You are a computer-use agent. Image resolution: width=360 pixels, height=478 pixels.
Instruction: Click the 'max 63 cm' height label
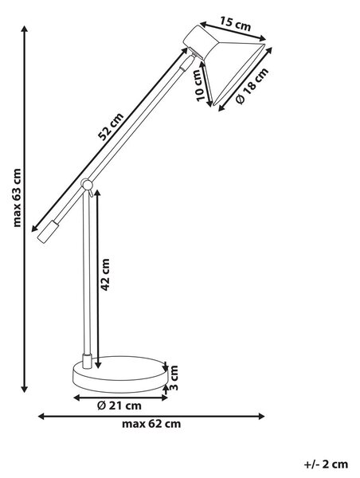(18, 198)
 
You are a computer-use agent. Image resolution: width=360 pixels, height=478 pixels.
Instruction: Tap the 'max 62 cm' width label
(151, 424)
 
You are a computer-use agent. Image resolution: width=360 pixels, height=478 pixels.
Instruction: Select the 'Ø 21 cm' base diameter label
(119, 406)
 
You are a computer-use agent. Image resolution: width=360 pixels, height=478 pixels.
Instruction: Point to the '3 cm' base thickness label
(173, 378)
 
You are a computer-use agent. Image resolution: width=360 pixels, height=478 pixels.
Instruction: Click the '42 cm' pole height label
(104, 275)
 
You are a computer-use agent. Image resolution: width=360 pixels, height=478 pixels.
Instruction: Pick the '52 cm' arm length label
(111, 127)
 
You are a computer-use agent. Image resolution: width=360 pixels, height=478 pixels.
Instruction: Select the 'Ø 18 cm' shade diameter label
(252, 86)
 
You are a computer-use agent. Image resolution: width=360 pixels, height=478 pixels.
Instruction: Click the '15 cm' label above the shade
(235, 25)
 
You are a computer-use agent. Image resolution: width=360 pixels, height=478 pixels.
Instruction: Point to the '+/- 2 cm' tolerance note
(327, 464)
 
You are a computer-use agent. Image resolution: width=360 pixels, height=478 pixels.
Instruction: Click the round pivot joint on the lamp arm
(87, 185)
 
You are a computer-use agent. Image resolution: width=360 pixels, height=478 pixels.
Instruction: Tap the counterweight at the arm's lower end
(48, 232)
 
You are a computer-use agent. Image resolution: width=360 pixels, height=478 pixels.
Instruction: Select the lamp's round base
(120, 374)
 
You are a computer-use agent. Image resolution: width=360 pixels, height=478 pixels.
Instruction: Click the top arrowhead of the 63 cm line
(25, 29)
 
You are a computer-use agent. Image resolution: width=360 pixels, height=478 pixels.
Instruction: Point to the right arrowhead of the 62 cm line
(261, 416)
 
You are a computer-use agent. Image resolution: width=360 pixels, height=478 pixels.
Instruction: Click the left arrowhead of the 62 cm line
(41, 416)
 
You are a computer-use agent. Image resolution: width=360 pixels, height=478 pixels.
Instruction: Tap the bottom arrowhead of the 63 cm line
(25, 390)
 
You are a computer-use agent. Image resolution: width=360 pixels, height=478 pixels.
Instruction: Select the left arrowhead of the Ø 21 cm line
(77, 398)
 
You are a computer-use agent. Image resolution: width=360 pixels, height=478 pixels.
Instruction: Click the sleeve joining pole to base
(87, 361)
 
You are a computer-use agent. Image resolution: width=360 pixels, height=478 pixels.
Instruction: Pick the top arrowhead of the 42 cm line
(97, 194)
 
